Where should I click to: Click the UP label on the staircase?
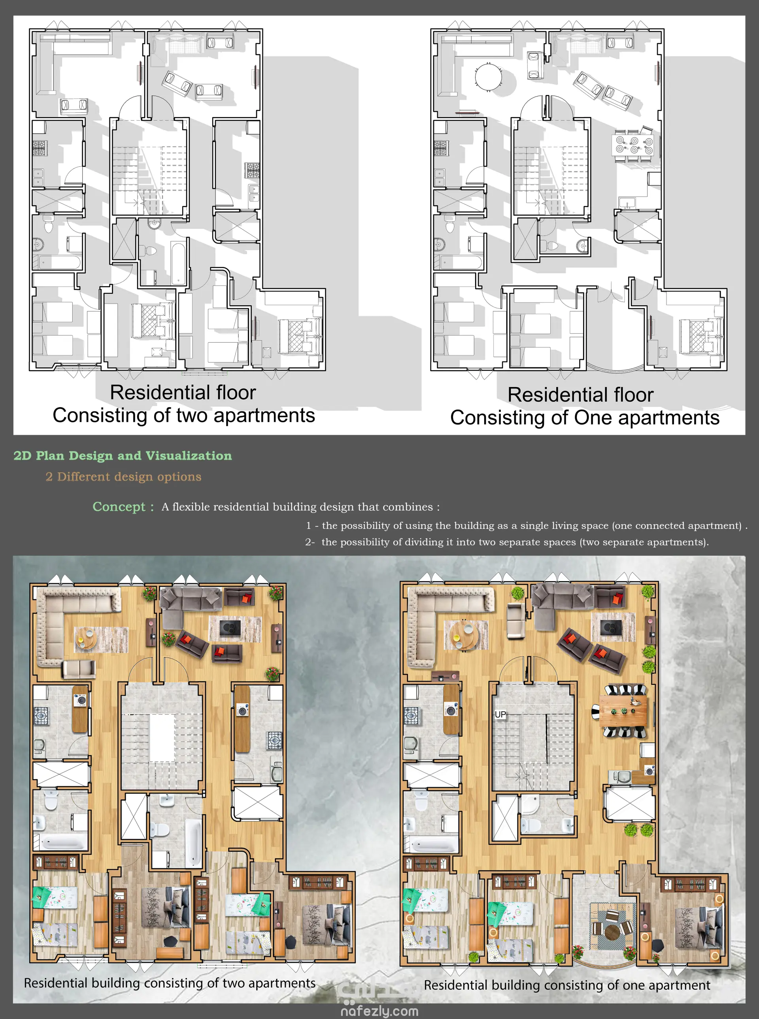(500, 714)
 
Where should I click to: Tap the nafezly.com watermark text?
(379, 1011)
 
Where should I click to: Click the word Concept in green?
(119, 507)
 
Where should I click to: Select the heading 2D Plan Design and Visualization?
(123, 456)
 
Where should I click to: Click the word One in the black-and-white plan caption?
(594, 418)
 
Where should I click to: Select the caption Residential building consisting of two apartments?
(170, 983)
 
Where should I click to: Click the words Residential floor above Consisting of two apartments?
(183, 393)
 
